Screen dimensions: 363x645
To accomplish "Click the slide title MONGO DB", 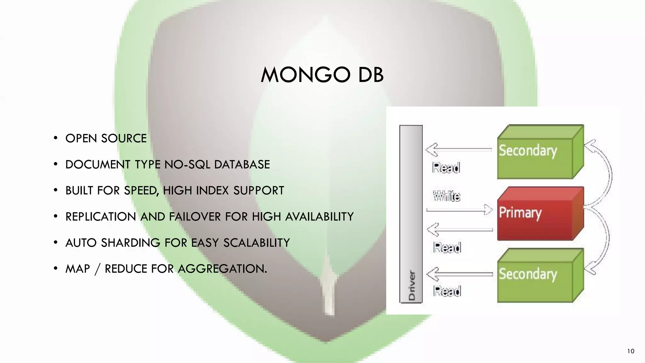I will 322,75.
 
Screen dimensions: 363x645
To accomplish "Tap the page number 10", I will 631,351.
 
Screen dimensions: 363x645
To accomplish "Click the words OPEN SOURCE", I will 106,138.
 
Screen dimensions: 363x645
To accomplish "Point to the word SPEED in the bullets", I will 141,191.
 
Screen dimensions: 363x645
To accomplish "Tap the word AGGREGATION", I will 222,269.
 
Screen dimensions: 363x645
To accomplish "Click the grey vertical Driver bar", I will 411,214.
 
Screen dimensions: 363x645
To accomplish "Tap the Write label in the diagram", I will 447,196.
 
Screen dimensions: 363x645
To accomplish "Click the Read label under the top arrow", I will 446,168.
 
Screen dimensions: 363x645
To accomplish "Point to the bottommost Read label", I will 447,291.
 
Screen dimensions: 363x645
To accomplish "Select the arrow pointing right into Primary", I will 459,210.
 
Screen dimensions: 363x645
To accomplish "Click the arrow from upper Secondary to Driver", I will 458,149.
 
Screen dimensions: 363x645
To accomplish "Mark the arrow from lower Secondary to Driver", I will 459,274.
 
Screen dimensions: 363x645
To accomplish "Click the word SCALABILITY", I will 256,243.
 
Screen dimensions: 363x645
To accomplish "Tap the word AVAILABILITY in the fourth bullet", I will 319,217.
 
